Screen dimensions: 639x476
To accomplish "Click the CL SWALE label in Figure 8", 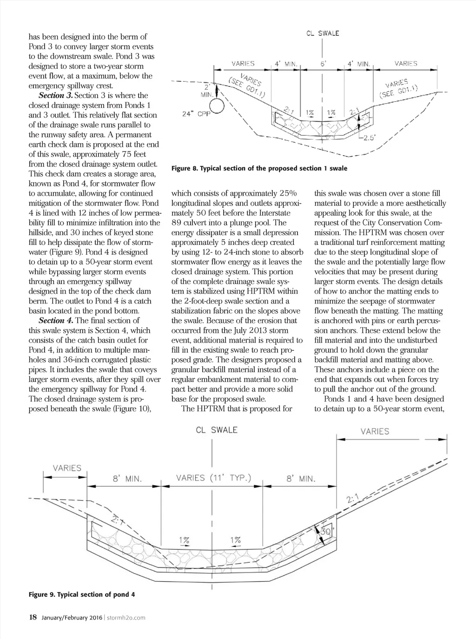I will pyautogui.click(x=322, y=33).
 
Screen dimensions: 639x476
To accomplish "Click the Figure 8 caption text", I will pyautogui.click(x=259, y=168).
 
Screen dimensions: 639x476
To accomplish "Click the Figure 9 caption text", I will pyautogui.click(x=82, y=594).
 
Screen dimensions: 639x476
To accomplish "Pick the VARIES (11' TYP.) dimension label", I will pyautogui.click(x=213, y=478).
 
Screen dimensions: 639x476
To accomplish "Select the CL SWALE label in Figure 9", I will pyautogui.click(x=216, y=430).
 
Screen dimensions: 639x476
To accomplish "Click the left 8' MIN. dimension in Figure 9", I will pyautogui.click(x=127, y=478).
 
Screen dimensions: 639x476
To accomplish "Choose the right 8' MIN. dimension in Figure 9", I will pyautogui.click(x=301, y=478).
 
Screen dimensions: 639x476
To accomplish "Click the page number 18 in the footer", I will pyautogui.click(x=33, y=617).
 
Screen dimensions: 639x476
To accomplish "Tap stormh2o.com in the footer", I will pyautogui.click(x=127, y=618).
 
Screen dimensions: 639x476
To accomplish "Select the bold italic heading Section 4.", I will pyautogui.click(x=56, y=321).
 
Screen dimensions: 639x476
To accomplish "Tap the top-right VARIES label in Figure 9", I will pyautogui.click(x=375, y=431).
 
